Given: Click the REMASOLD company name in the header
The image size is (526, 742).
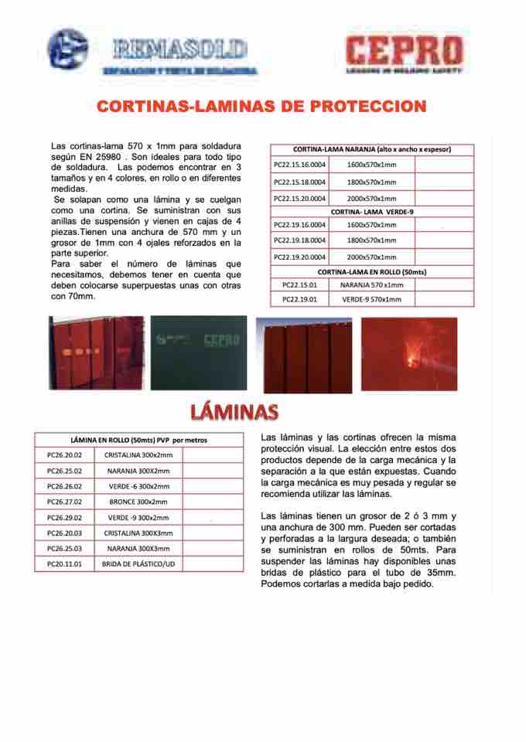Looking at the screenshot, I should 179,51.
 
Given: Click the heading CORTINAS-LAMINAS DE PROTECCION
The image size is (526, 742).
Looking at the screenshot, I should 262,106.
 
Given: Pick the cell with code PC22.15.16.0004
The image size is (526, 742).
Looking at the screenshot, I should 300,165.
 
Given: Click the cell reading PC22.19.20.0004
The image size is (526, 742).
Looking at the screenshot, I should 300,257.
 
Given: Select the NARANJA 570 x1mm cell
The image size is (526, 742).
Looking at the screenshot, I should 371,285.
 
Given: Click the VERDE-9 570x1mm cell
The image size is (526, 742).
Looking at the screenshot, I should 371,298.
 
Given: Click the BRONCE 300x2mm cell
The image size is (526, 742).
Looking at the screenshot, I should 138,502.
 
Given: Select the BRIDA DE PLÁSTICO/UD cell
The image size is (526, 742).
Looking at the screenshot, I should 138,564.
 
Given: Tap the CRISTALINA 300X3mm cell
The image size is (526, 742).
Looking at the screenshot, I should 138,533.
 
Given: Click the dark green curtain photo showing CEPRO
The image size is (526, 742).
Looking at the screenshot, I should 199,342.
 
